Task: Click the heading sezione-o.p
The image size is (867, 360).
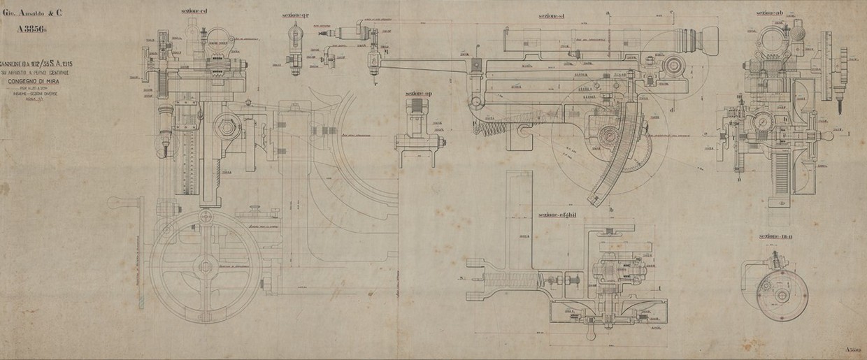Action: [419, 92]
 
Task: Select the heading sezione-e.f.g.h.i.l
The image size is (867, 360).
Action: [561, 215]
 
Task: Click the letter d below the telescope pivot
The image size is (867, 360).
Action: [671, 109]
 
